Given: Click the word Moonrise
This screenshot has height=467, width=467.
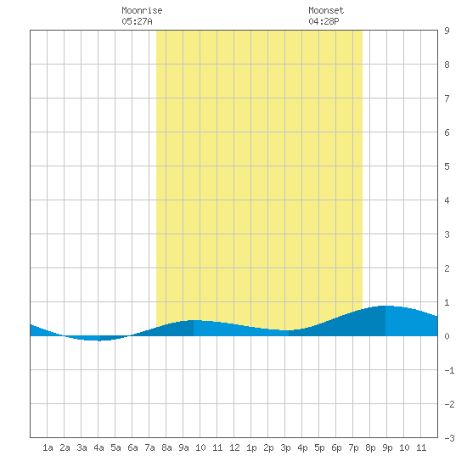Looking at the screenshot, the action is pos(142,10).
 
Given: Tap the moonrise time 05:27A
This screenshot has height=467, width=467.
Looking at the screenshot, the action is pos(137,21).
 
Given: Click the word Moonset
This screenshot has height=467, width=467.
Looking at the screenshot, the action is pos(326,10).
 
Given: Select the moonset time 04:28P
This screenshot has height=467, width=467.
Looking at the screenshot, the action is pos(324,21).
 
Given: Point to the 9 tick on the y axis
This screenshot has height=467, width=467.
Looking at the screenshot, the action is pos(447,31).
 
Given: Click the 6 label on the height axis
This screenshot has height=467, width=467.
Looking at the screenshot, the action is pos(447,132).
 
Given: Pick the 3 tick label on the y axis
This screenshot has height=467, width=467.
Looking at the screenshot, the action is pos(447,234).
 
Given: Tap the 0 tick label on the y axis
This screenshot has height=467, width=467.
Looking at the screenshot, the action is pos(447,336).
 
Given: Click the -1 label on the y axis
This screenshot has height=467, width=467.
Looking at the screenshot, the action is pos(449,370).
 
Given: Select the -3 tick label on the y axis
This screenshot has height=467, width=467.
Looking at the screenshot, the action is pos(449,438).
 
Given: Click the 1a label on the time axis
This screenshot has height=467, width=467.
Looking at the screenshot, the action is pos(48,447).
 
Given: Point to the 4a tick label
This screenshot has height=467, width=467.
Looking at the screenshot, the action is pos(98,447).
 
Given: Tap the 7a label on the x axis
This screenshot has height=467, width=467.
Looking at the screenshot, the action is pos(149,447).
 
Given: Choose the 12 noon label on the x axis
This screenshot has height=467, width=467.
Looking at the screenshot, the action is pos(234,447).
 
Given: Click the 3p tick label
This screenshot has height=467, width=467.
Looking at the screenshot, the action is pos(285,447).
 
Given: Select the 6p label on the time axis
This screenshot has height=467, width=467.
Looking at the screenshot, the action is pos(336,447).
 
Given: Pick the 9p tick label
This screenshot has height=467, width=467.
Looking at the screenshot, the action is pos(387,447).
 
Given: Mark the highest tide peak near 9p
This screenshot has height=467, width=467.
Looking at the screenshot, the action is pos(385,306).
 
